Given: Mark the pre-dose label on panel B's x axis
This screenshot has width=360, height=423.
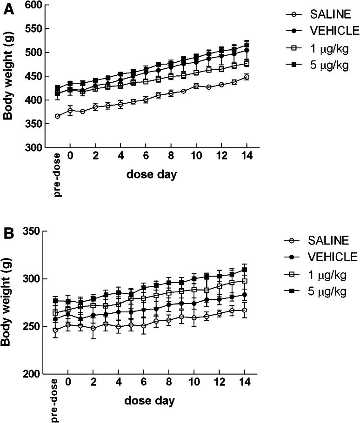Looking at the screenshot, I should pyautogui.click(x=55, y=400).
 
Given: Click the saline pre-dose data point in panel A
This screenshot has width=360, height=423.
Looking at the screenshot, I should pyautogui.click(x=57, y=116).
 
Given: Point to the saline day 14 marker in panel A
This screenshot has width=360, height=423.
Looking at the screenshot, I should pyautogui.click(x=247, y=77).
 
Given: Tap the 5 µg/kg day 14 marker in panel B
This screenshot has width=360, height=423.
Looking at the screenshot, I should pyautogui.click(x=244, y=270).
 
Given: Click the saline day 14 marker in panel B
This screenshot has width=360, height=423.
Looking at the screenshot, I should pyautogui.click(x=244, y=310).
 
